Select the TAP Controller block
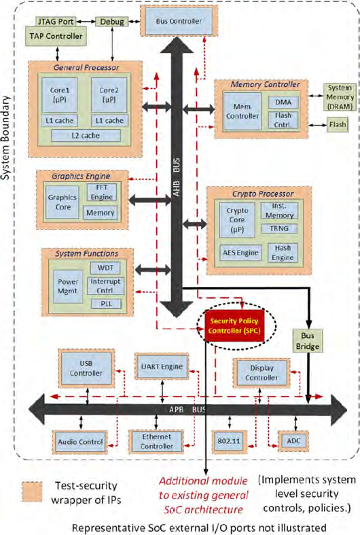pos(54,36)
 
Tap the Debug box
pos(109,22)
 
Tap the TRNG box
pos(278,228)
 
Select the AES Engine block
pos(237,253)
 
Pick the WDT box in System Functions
pos(105,267)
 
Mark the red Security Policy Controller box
pos(233,325)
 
